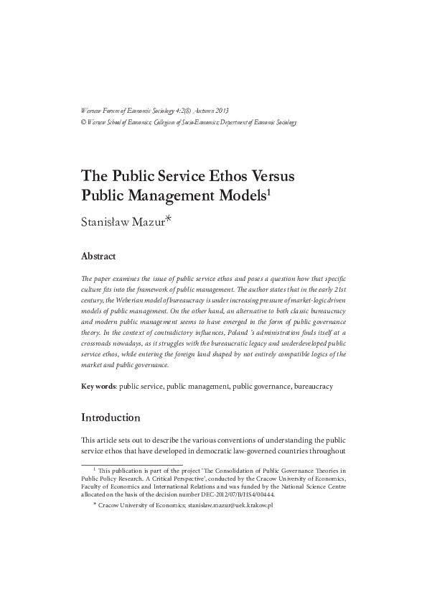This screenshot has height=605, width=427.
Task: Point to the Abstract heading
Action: [x=98, y=256]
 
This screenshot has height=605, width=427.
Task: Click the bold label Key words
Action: [x=98, y=386]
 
